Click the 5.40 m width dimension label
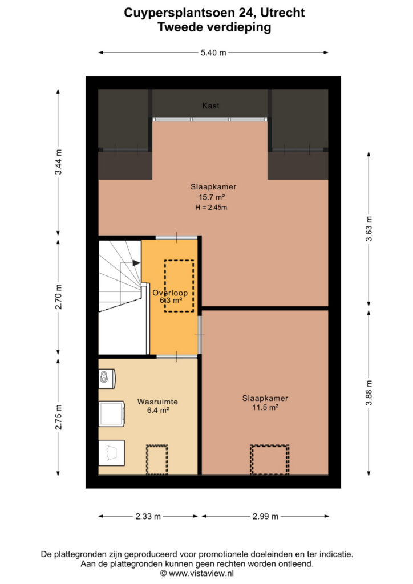point(213,52)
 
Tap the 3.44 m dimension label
point(58,162)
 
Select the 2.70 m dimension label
point(58,297)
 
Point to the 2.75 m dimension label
point(58,417)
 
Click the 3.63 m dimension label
point(369,229)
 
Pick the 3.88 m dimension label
point(369,393)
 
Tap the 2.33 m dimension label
point(148,516)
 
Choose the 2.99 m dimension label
point(265,516)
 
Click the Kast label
point(211,106)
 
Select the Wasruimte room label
point(157,401)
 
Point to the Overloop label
point(170,293)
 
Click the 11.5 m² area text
point(265,407)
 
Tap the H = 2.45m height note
point(211,208)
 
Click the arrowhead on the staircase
point(136,263)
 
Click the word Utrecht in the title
point(282,13)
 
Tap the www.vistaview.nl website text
point(201,574)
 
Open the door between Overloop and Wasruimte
point(176,356)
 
